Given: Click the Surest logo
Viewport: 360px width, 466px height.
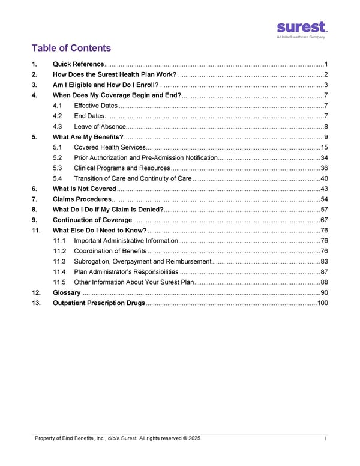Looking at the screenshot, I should click(x=302, y=29).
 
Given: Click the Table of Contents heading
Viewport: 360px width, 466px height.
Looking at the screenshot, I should click(x=71, y=48).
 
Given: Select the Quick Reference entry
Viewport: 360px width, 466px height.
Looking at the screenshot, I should click(x=79, y=64).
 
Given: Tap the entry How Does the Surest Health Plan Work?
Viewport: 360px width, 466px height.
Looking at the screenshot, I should click(x=115, y=74).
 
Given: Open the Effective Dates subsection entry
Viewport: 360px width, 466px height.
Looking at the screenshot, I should click(x=95, y=106).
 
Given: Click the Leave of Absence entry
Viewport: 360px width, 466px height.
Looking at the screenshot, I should click(x=100, y=126).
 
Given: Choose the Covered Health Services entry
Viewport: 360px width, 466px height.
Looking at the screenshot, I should click(x=109, y=147).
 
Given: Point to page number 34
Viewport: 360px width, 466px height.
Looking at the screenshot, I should click(x=324, y=157).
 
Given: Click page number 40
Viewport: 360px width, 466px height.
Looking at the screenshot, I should click(x=324, y=178).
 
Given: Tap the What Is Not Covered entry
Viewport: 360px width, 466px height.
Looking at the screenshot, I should click(x=85, y=189).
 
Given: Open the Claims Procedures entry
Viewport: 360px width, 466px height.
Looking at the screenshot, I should click(x=82, y=199).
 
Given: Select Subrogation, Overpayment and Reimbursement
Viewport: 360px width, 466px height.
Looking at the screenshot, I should click(x=142, y=261).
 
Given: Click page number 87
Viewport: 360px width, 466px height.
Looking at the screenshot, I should click(x=324, y=271).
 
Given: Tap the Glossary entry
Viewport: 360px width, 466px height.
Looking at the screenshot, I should click(x=67, y=292).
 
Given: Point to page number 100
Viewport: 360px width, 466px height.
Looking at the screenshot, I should click(x=322, y=303).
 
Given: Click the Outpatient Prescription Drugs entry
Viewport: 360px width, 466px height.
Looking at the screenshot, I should click(x=99, y=303).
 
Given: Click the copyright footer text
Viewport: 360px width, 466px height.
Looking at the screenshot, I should click(x=118, y=438).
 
